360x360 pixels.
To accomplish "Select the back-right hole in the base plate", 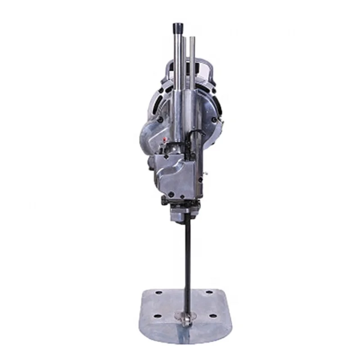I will [209, 292].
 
